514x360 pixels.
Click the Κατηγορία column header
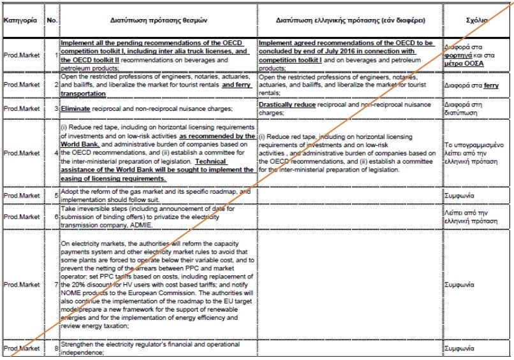click(x=20, y=20)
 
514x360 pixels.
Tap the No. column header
click(x=52, y=20)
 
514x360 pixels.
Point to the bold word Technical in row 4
click(x=210, y=162)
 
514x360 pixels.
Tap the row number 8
click(x=56, y=349)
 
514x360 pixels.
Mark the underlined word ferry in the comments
click(x=491, y=85)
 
